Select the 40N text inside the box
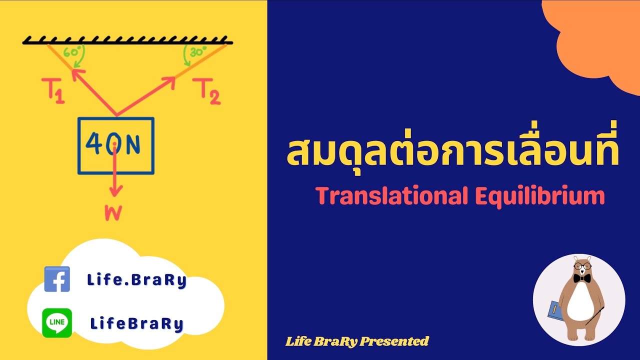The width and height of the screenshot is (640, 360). [x=113, y=144]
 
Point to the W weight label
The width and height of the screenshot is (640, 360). [x=113, y=213]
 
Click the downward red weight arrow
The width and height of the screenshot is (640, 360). [x=115, y=172]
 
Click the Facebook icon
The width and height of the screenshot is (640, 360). [x=57, y=279]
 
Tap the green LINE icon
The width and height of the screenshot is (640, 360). [x=57, y=322]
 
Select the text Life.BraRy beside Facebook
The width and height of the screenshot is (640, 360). [x=136, y=280]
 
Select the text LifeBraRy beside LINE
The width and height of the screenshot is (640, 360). [x=136, y=324]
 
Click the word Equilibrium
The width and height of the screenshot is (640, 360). [x=540, y=196]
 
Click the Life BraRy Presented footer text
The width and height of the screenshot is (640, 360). [x=357, y=341]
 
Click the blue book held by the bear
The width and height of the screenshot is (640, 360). [x=555, y=310]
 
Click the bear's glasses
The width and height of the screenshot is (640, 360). [x=581, y=265]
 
